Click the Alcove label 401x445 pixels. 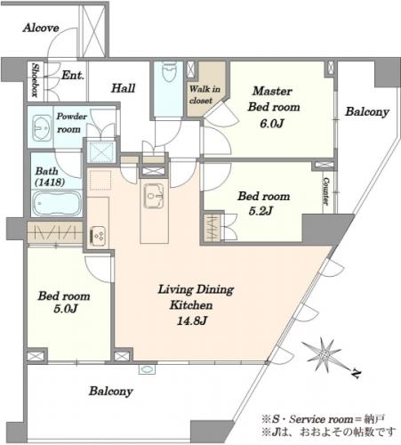41,28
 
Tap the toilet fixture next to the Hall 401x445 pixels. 169,72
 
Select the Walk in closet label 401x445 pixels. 205,94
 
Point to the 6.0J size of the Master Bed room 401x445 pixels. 272,124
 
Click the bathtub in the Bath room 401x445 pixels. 56,203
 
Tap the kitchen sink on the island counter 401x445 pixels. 154,195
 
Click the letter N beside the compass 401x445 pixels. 356,374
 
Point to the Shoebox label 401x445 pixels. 35,80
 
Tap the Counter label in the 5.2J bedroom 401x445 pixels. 325,191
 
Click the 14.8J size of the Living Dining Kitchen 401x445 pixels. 192,320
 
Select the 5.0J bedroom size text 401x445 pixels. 66,309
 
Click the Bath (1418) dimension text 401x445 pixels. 50,182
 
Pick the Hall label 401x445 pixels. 123,88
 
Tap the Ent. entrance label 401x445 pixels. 73,76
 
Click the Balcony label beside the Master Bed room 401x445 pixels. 367,112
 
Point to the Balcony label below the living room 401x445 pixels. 111,392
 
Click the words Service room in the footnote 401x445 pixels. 321,419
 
